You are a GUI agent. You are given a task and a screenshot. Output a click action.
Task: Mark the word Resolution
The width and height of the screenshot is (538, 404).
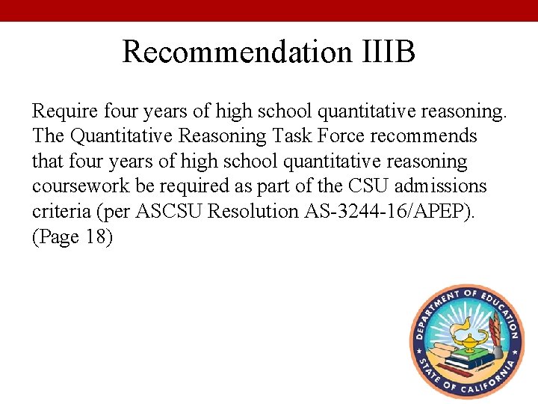click(253, 211)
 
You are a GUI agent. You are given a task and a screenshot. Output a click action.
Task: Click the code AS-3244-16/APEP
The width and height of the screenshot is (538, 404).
click(389, 211)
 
